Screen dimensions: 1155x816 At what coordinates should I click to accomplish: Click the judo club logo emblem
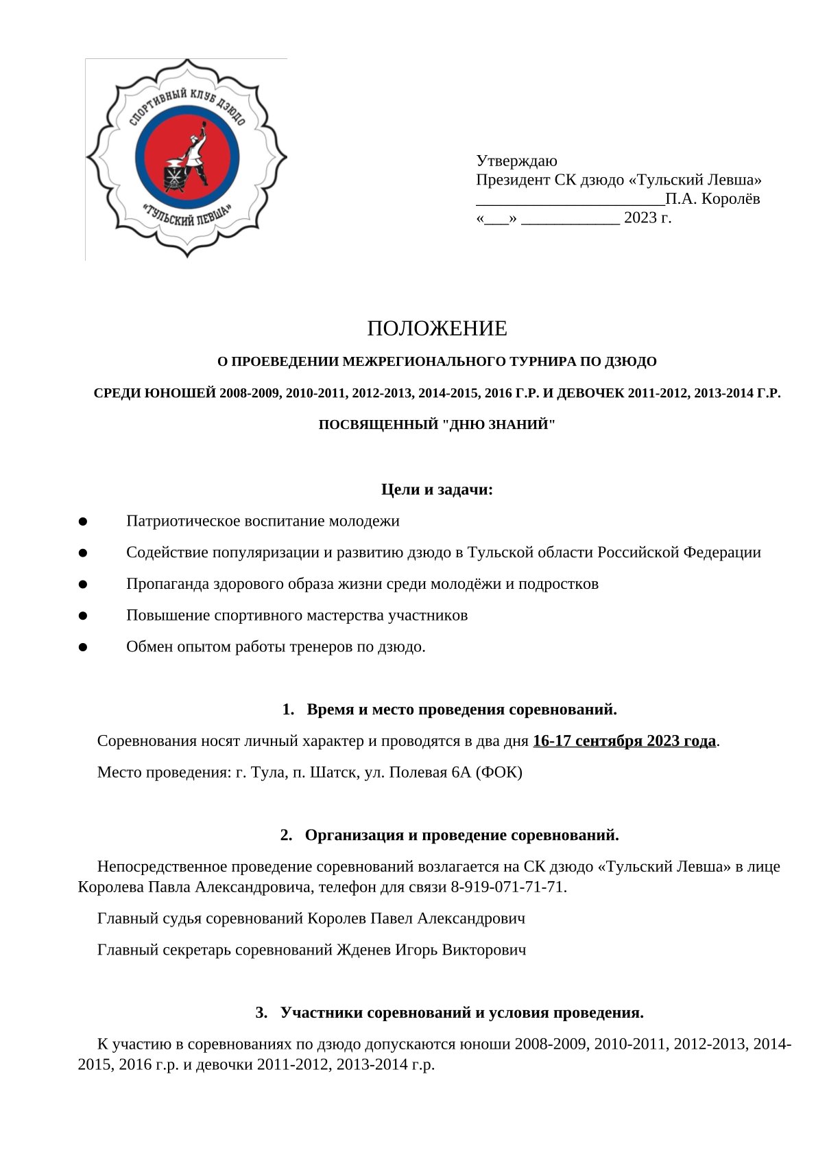(x=187, y=159)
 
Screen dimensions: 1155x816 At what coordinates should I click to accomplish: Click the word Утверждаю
(x=516, y=161)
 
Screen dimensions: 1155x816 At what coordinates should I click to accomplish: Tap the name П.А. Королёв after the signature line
(x=712, y=199)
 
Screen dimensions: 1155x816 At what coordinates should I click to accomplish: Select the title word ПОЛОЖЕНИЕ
(x=437, y=329)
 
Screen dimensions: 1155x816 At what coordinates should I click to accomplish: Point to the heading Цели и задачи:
(x=437, y=490)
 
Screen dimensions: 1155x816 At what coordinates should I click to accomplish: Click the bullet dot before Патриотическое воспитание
(x=83, y=522)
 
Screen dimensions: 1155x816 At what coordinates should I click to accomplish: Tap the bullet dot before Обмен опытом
(x=83, y=647)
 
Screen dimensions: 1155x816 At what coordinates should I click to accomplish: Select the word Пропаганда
(x=165, y=584)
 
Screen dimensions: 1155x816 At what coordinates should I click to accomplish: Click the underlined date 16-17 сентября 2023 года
(x=624, y=741)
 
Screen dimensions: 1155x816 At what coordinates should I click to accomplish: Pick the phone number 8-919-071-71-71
(x=507, y=887)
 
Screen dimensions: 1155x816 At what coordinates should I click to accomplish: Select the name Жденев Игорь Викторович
(x=431, y=950)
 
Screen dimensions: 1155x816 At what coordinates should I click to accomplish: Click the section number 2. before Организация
(x=286, y=835)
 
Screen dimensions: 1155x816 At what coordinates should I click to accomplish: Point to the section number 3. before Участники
(x=261, y=1013)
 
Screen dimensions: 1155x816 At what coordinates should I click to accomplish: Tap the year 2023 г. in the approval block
(x=647, y=218)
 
